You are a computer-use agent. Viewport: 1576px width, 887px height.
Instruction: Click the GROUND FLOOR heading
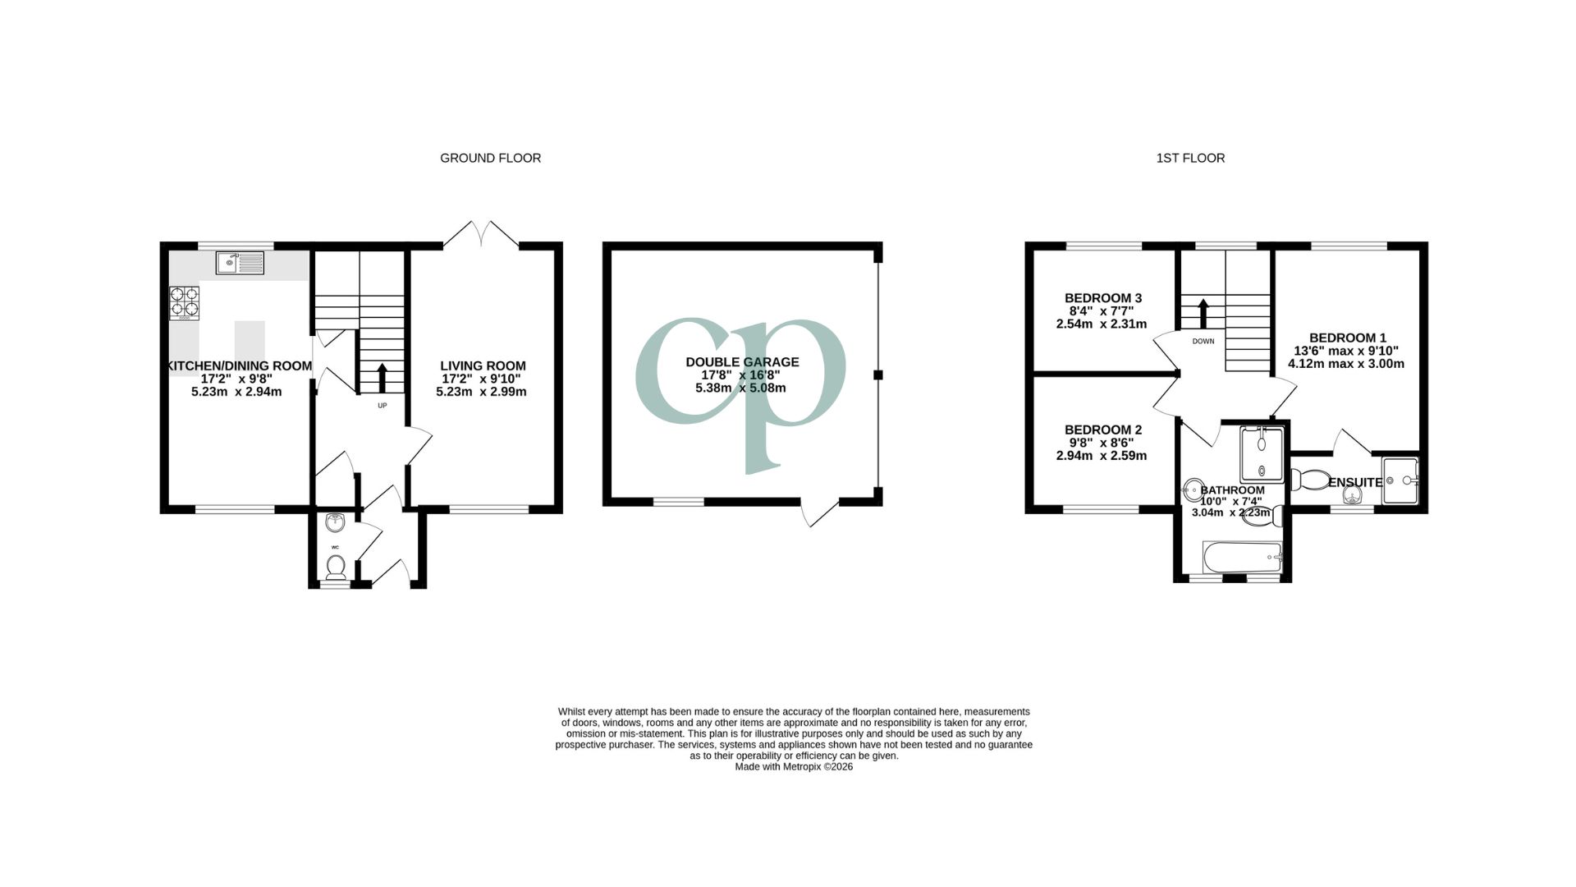tap(490, 158)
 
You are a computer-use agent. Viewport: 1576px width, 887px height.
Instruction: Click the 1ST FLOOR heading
tap(1190, 158)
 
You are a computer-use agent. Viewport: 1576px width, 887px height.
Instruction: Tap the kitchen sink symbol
tap(240, 263)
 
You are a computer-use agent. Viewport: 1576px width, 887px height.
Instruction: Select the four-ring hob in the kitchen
tap(185, 301)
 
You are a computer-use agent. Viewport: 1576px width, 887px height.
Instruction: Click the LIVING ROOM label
tap(483, 366)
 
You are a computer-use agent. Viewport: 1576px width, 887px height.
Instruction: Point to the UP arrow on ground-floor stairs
tap(382, 379)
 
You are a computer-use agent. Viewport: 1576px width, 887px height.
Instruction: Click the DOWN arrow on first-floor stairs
tap(1203, 314)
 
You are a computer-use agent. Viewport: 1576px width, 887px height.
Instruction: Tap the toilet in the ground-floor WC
tap(335, 566)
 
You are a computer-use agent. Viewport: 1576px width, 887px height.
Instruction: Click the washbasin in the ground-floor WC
tap(335, 522)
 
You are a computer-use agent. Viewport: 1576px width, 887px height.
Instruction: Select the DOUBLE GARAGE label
tap(742, 362)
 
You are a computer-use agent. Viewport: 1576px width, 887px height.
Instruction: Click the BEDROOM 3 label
tap(1102, 298)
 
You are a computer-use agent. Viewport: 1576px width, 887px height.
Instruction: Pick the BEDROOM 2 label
tap(1102, 430)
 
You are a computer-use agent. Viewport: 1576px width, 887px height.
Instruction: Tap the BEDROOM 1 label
tap(1347, 338)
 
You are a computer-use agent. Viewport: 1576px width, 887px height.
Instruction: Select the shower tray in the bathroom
tap(1262, 454)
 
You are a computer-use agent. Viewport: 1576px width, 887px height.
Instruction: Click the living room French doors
tap(481, 234)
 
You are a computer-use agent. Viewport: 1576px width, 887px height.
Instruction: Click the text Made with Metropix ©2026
tap(794, 766)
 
